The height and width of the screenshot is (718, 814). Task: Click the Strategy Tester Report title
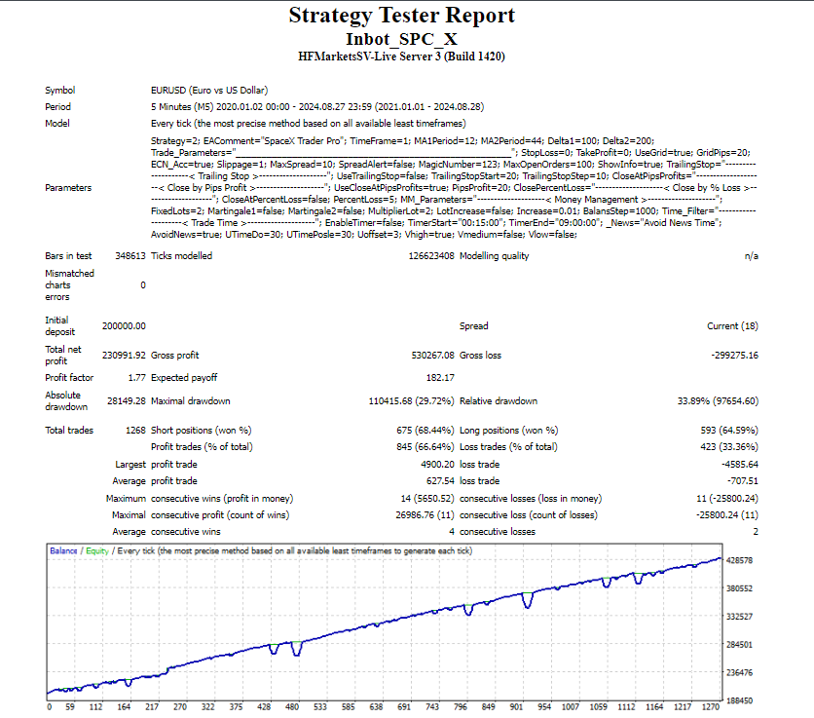pyautogui.click(x=402, y=16)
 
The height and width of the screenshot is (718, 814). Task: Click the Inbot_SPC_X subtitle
pyautogui.click(x=402, y=38)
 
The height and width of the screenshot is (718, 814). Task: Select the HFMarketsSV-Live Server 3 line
pyautogui.click(x=402, y=57)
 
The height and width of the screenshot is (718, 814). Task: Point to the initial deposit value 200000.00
pyautogui.click(x=124, y=325)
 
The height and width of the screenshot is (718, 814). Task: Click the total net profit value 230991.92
pyautogui.click(x=124, y=356)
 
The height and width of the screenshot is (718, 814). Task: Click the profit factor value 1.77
pyautogui.click(x=136, y=377)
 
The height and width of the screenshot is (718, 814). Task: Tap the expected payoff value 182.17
pyautogui.click(x=439, y=377)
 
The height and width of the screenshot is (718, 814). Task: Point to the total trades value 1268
pyautogui.click(x=134, y=430)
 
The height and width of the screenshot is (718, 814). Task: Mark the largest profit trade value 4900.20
pyautogui.click(x=431, y=465)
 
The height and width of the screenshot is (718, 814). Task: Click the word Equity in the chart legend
pyautogui.click(x=96, y=551)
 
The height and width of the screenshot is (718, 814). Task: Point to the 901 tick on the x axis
pyautogui.click(x=516, y=707)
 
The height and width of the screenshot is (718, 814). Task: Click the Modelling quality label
pyautogui.click(x=495, y=256)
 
